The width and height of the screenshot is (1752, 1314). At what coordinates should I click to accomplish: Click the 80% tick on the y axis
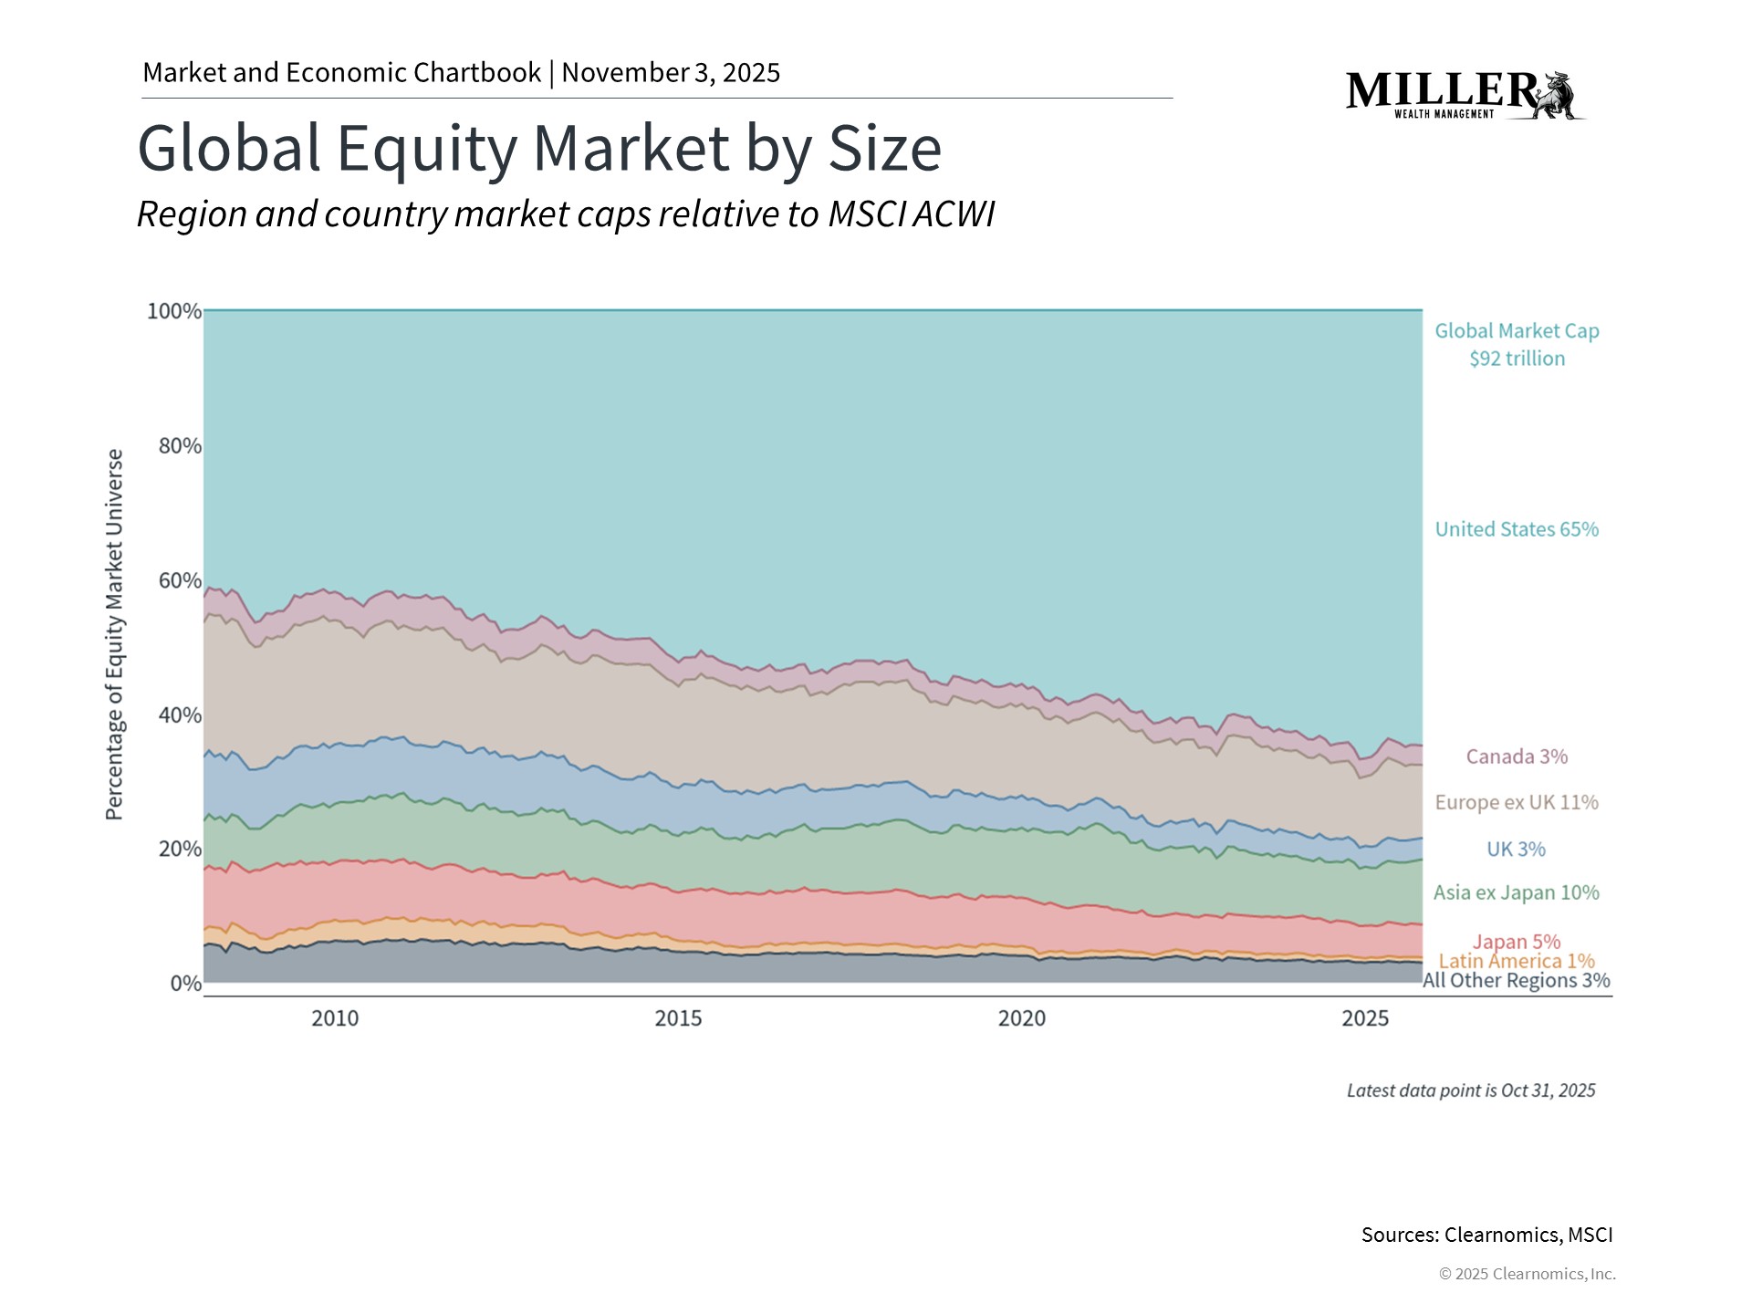click(x=180, y=445)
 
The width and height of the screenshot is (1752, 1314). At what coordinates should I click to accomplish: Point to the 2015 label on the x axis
click(x=678, y=1018)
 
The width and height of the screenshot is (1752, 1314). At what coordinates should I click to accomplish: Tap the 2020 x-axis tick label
click(x=1021, y=1018)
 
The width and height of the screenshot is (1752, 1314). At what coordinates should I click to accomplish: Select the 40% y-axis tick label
click(x=180, y=714)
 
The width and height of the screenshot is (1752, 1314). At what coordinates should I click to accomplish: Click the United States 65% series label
click(x=1516, y=529)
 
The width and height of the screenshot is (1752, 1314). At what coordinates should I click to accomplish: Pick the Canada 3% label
click(x=1516, y=756)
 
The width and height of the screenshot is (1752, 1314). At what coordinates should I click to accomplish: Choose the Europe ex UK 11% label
click(x=1516, y=802)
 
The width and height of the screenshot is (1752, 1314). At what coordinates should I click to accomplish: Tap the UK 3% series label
click(x=1516, y=849)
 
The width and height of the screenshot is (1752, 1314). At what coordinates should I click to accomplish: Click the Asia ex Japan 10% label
click(x=1516, y=892)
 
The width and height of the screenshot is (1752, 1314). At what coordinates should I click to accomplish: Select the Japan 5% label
click(x=1516, y=941)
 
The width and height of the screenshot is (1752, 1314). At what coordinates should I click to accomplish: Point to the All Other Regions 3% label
click(x=1516, y=981)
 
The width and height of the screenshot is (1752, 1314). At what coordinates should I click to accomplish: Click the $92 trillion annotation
click(x=1516, y=359)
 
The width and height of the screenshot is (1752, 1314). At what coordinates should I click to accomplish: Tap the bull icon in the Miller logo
click(x=1559, y=95)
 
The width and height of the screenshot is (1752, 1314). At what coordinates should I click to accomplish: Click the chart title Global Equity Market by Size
click(x=538, y=148)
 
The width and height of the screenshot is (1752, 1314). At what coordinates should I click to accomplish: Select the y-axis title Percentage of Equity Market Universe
click(x=114, y=634)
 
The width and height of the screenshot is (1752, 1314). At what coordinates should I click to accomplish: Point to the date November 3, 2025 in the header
click(x=671, y=72)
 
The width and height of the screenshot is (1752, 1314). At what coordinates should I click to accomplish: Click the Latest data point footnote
click(x=1470, y=1090)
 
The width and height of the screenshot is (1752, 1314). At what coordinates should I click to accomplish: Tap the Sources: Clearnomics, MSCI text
click(x=1486, y=1235)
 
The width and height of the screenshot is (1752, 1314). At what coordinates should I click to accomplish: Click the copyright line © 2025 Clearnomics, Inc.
click(x=1527, y=1274)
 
